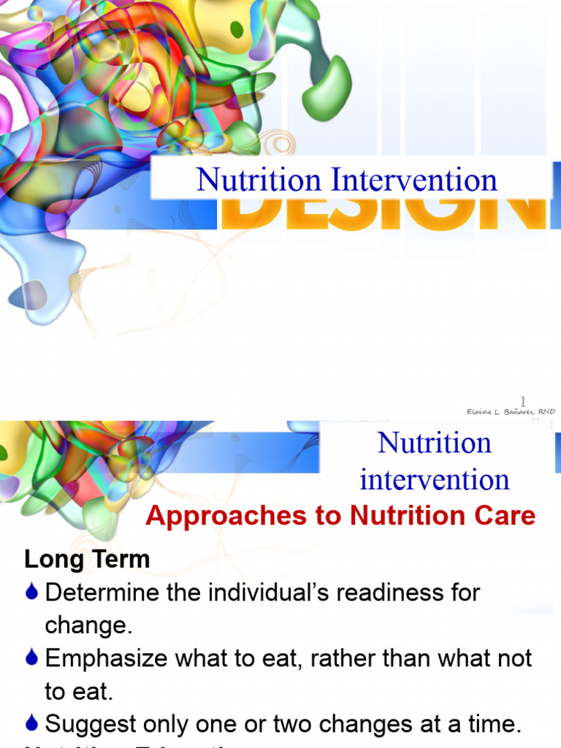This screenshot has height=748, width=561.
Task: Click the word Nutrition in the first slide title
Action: coord(259,180)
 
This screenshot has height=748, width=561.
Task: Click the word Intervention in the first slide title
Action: coord(414,180)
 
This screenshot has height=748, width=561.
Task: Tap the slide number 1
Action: coord(522,400)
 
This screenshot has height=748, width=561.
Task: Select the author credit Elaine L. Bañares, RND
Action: coord(511,412)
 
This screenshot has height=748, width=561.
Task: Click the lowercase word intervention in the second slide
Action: coord(434,479)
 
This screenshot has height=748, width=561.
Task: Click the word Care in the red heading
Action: coord(503,516)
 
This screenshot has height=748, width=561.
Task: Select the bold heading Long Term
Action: coord(87,560)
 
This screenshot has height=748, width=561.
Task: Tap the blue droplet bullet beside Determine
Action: coord(31,592)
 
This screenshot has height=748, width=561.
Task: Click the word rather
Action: coord(345,658)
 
